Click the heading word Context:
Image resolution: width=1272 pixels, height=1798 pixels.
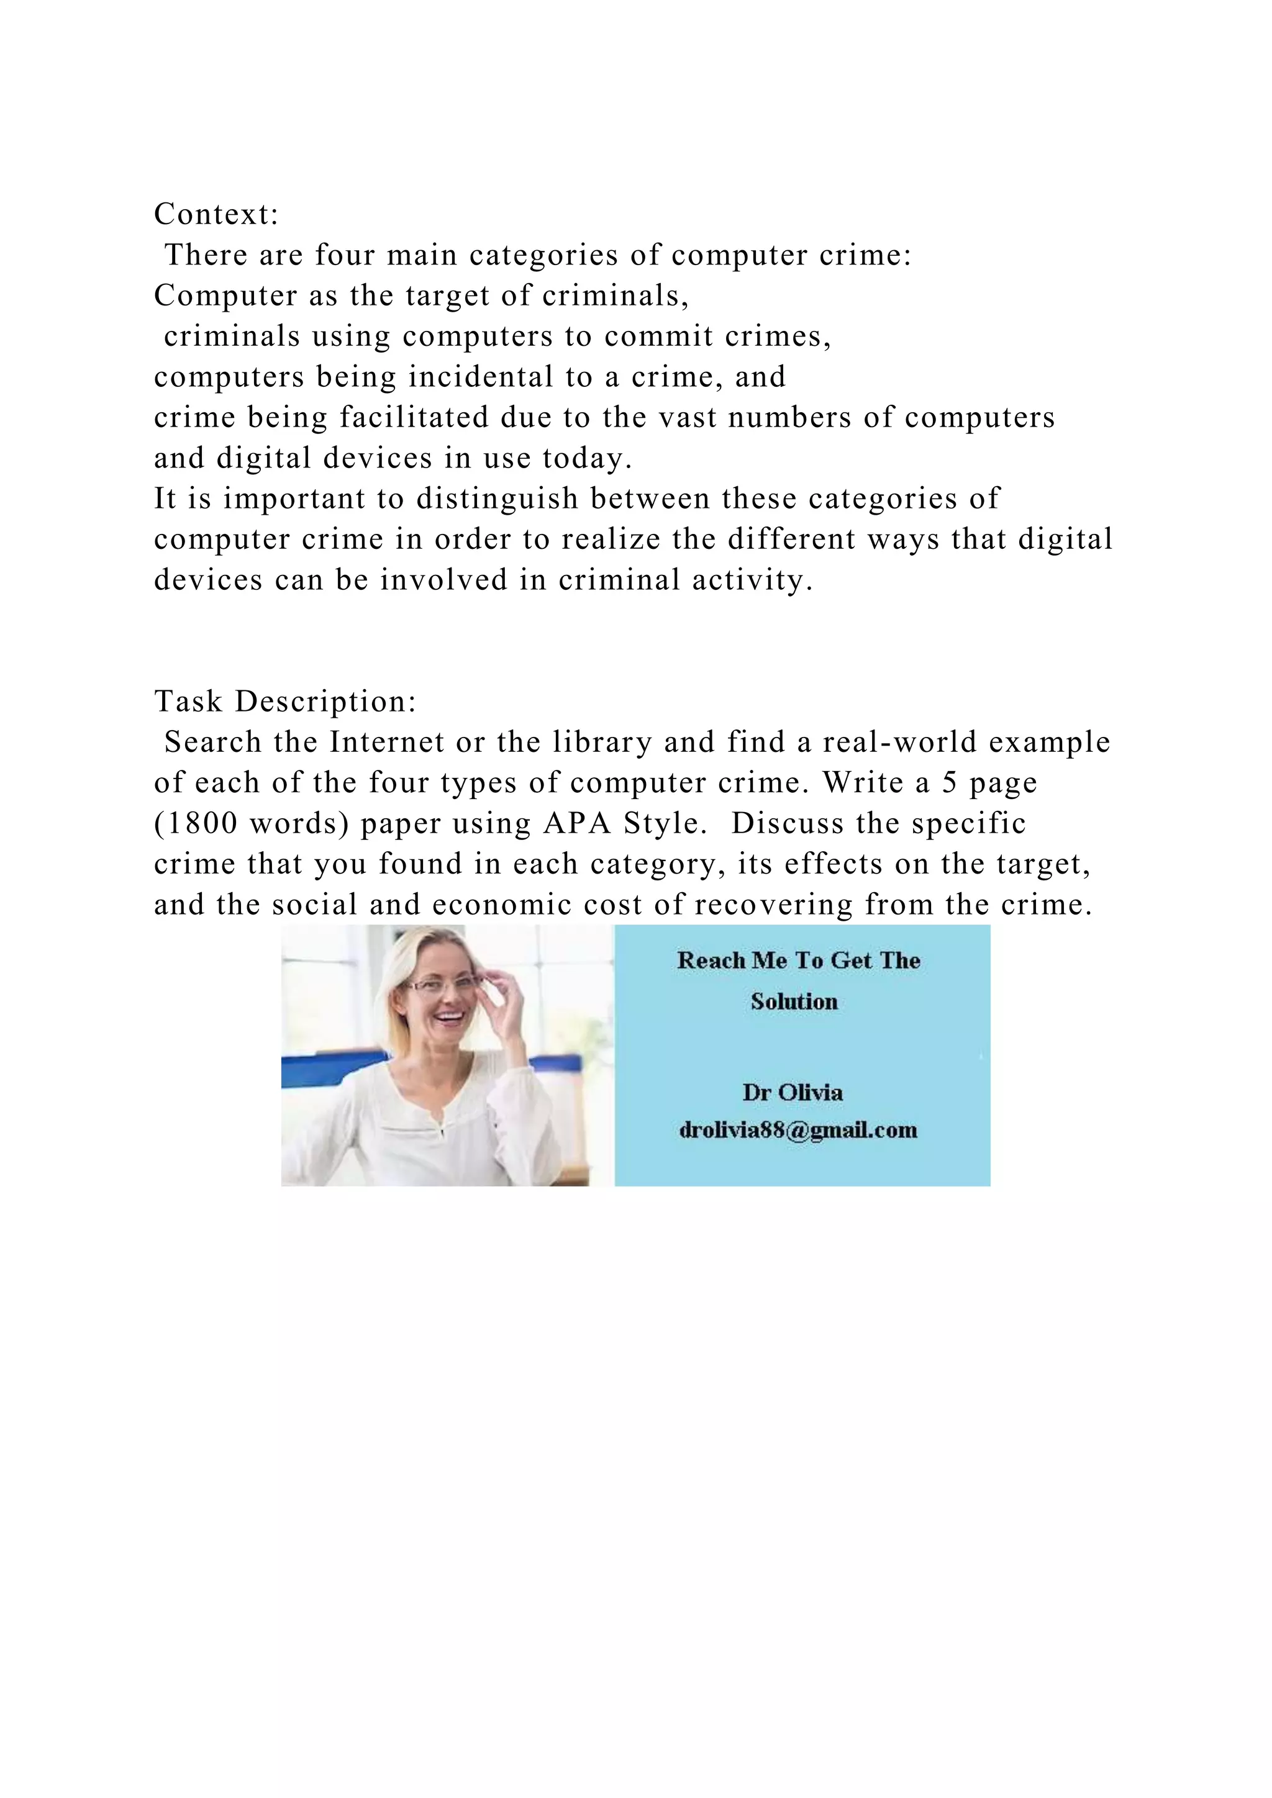(x=216, y=214)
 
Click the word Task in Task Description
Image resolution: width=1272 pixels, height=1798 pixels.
(x=188, y=701)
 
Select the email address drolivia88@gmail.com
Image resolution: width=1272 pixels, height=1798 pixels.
(x=797, y=1130)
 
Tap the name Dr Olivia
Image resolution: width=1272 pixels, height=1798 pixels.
(x=792, y=1093)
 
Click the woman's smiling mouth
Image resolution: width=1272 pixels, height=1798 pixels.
(x=450, y=1019)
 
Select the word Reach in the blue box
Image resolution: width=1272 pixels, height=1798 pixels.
(x=711, y=961)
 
